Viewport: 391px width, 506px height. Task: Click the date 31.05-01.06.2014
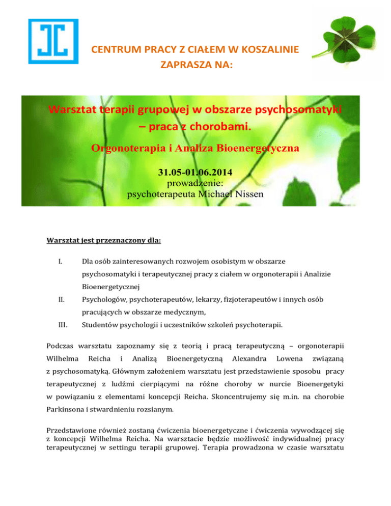click(x=195, y=170)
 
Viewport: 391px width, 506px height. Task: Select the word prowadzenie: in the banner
click(x=195, y=181)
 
